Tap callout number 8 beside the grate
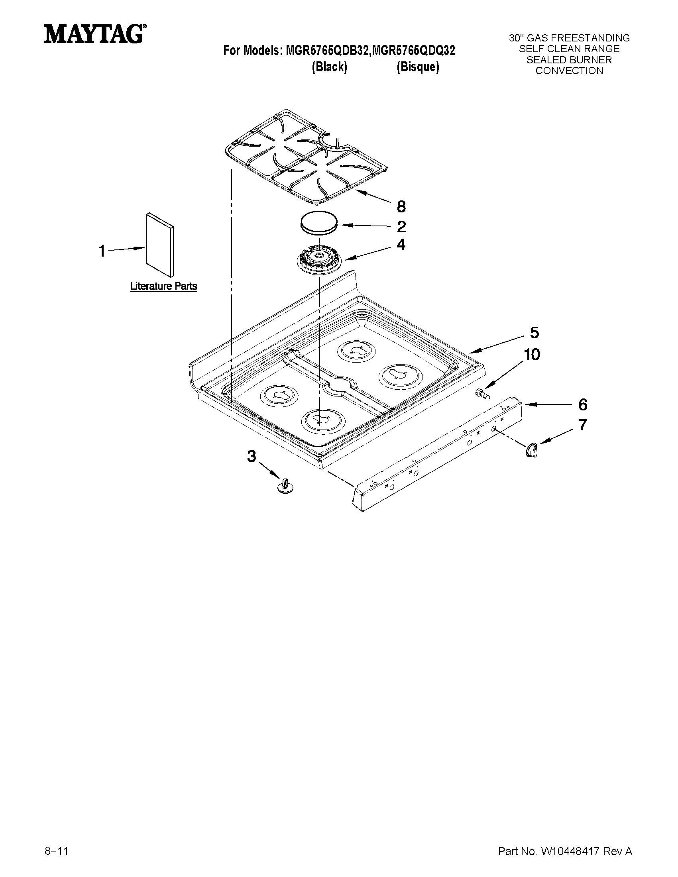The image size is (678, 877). [401, 207]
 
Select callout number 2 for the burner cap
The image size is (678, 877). [401, 227]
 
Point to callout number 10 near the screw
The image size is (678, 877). [532, 355]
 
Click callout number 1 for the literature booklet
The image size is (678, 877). [102, 251]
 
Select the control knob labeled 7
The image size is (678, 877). [532, 449]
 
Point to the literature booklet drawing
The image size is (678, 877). [160, 245]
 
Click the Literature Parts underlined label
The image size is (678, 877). [163, 286]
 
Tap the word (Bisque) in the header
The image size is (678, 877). [418, 67]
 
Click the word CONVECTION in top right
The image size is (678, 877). [569, 71]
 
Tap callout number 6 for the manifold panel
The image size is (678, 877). [583, 405]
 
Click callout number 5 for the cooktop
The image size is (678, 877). [534, 333]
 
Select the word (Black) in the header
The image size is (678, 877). [329, 67]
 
